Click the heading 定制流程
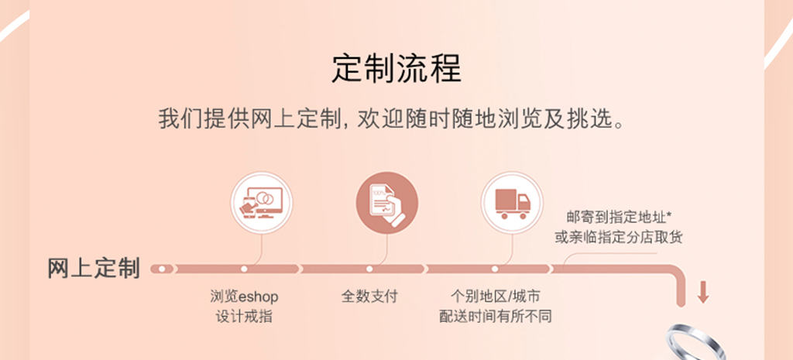(396, 69)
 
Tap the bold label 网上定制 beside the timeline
(94, 269)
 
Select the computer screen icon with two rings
(262, 203)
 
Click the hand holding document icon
(387, 203)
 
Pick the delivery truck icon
(512, 203)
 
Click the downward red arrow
(702, 293)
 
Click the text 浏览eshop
(244, 297)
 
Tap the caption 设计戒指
(244, 317)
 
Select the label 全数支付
(369, 297)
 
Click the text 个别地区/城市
(495, 297)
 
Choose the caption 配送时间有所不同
(495, 317)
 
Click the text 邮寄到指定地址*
(619, 218)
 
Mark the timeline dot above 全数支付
(369, 269)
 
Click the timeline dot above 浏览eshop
(244, 269)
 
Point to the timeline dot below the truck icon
(495, 269)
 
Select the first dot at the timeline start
(162, 269)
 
